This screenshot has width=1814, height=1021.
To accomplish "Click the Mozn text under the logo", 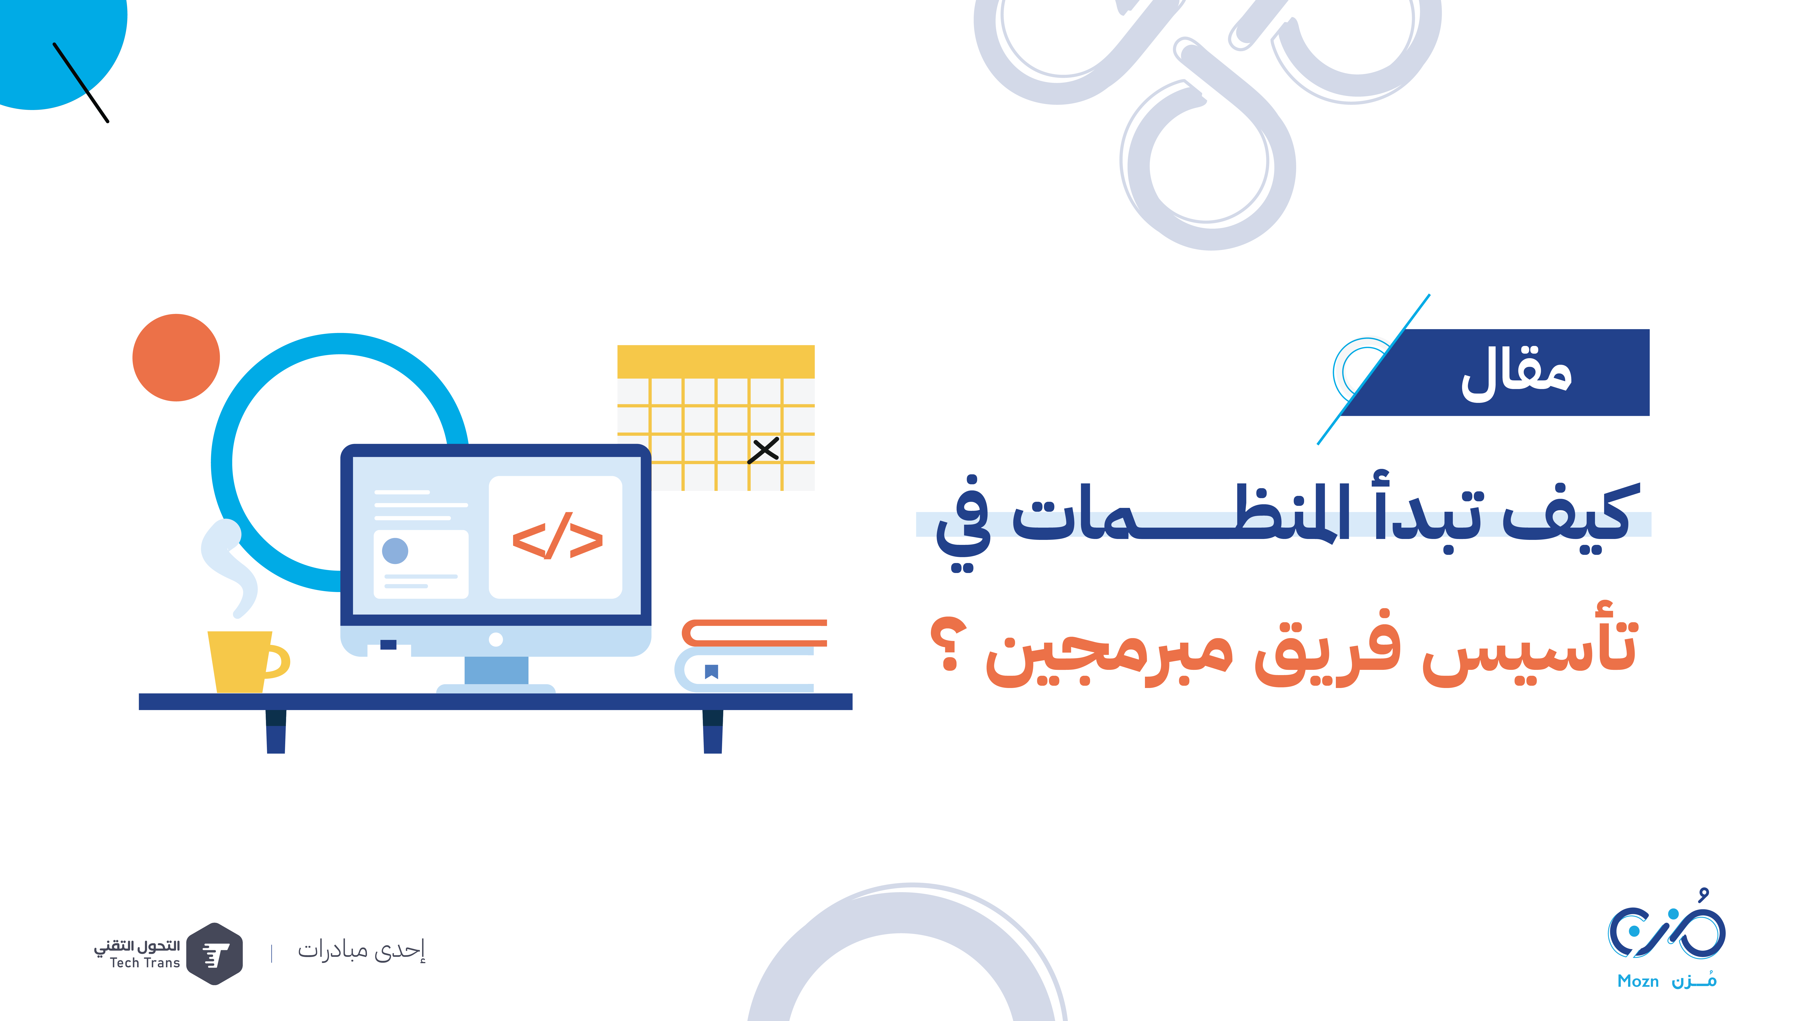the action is pyautogui.click(x=1638, y=981).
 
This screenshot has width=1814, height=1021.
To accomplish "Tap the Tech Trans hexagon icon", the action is pyautogui.click(x=215, y=953).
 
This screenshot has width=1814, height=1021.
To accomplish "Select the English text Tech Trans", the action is pyautogui.click(x=145, y=962).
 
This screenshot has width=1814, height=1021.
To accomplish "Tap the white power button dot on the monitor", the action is pyautogui.click(x=496, y=639).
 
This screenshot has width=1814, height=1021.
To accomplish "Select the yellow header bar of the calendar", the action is pyautogui.click(x=716, y=362).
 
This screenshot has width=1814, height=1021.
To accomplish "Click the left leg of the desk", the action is pyautogui.click(x=276, y=731).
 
